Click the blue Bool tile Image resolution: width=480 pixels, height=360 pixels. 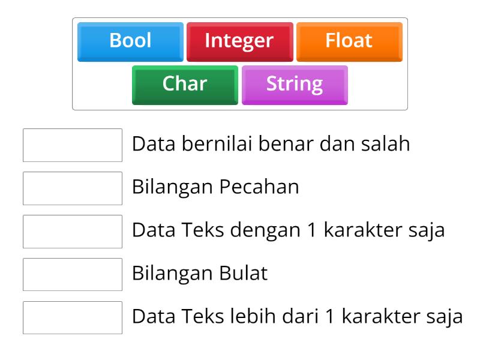130,41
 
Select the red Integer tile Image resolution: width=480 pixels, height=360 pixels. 239,41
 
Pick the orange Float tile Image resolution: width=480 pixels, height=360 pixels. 349,41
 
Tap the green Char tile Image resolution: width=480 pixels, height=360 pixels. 185,84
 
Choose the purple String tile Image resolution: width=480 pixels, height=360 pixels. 294,84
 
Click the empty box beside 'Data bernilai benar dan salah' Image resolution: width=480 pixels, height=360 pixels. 73,145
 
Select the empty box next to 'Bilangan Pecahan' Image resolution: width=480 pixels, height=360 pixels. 73,188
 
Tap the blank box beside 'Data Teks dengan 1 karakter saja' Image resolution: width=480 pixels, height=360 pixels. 73,232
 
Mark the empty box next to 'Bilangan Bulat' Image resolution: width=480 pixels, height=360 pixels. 73,275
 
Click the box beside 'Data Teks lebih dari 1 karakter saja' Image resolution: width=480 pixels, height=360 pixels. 73,318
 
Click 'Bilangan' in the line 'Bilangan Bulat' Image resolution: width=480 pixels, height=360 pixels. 172,274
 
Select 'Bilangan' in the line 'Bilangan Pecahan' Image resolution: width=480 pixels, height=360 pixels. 172,188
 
